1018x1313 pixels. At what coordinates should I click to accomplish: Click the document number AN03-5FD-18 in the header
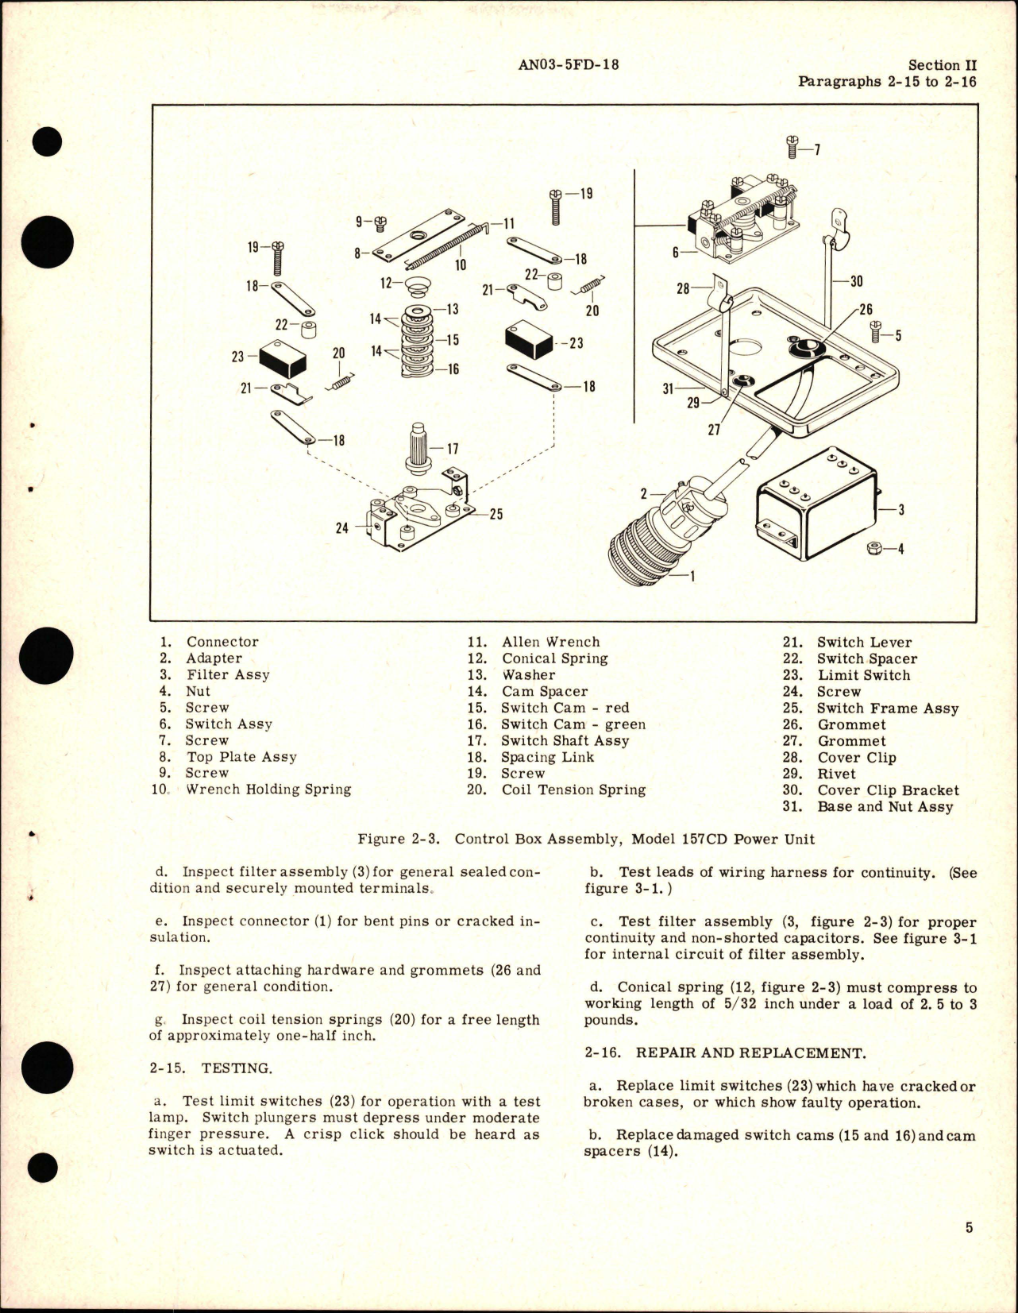[x=568, y=64]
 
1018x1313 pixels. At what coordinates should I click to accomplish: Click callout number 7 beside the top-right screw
[x=817, y=149]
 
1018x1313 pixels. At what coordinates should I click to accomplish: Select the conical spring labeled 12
[x=414, y=285]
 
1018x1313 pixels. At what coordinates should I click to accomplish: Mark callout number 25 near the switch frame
[x=496, y=514]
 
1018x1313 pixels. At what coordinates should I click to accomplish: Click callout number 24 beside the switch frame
[x=341, y=527]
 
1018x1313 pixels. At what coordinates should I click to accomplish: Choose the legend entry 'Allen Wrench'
[x=550, y=642]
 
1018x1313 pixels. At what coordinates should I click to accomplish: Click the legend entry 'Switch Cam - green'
[x=573, y=724]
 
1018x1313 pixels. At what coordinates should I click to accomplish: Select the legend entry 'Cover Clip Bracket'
[x=888, y=790]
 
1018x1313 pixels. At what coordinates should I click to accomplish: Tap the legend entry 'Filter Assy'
[x=228, y=674]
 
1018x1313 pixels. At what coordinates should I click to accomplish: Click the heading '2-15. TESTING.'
[x=210, y=1068]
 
